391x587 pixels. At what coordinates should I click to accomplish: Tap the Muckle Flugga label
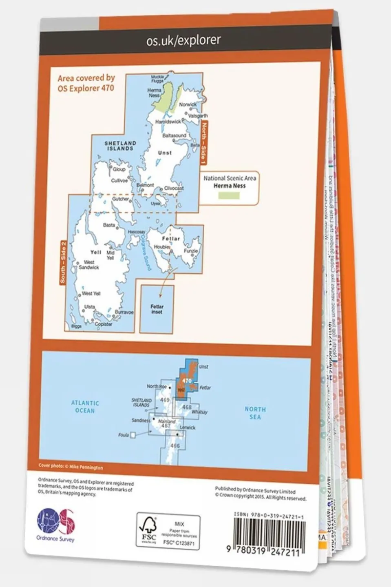[157, 79]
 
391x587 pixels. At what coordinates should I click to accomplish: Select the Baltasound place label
[174, 135]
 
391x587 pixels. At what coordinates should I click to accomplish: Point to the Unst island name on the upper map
[165, 153]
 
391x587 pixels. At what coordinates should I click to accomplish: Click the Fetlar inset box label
[157, 309]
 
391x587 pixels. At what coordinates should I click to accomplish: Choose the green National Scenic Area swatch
[229, 195]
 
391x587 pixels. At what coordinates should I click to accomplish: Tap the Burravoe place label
[124, 312]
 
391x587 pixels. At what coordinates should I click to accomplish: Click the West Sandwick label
[89, 265]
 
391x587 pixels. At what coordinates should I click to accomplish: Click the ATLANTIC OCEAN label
[85, 407]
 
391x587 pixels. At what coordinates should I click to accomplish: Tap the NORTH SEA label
[255, 413]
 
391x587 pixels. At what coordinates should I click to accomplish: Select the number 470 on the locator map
[187, 381]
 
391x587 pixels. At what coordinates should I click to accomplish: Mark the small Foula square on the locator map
[133, 435]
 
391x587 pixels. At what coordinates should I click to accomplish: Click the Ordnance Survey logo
[55, 525]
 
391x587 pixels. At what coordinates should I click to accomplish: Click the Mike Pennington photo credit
[71, 467]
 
